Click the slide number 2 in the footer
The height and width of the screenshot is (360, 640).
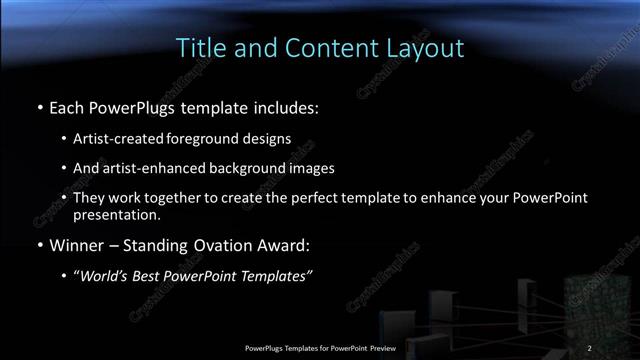590,348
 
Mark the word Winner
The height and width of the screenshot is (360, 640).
77,243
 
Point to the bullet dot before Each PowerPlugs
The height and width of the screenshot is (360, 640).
39,106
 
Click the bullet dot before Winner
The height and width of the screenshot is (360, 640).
39,244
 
